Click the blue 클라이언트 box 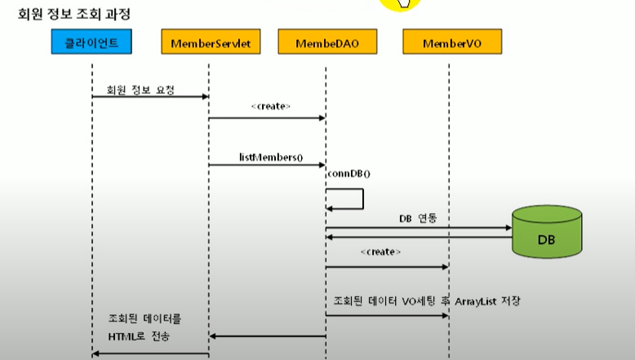91,42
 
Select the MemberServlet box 211,42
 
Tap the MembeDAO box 326,42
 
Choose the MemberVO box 451,42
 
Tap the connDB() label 349,174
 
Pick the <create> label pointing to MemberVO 380,252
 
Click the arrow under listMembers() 267,165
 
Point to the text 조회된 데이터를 145,319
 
